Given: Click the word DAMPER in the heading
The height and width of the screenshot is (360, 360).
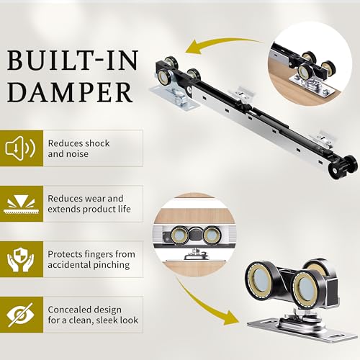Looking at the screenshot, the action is pos(70,92).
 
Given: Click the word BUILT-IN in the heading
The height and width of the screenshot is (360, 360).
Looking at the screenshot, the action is pos(73,60).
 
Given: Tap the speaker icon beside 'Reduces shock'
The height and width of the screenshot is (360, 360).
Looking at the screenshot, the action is pos(20,148).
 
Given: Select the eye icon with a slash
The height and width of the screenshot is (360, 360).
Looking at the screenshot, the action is pos(20,315).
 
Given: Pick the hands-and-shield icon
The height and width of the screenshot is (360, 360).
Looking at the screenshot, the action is pos(20,260).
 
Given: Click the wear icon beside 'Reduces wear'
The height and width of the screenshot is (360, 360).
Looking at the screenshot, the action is pos(20,204).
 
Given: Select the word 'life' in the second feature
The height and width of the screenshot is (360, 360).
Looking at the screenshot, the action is pos(125,209).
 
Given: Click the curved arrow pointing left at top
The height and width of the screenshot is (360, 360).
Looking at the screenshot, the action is pos(222,46).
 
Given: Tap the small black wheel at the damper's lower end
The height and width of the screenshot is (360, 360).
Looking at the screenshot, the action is pos(343,166).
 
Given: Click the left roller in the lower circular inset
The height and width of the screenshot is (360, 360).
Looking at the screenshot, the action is pos(180,235).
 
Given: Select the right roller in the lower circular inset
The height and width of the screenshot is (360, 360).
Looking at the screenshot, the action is pos(212,235).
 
